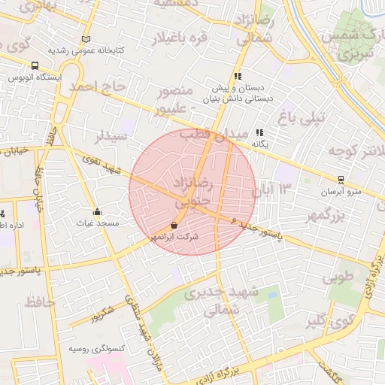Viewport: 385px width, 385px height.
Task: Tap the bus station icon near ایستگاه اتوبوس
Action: click(36, 65)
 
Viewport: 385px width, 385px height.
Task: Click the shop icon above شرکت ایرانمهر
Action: click(174, 225)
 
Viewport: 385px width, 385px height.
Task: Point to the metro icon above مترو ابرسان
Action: click(341, 180)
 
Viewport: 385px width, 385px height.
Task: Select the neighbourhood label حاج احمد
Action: click(97, 87)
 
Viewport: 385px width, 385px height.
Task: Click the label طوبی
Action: click(338, 277)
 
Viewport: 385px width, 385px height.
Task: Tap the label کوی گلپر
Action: click(332, 323)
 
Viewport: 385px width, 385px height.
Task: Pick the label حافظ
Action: click(39, 303)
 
